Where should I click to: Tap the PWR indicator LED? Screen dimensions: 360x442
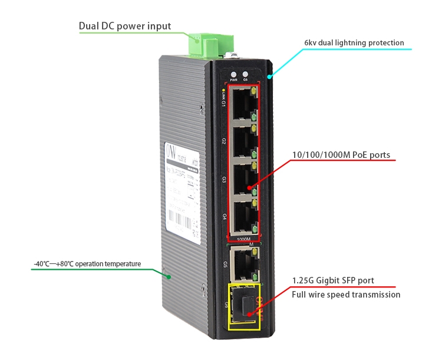233,75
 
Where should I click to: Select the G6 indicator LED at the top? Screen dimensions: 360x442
245,75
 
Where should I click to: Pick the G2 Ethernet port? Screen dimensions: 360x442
242,141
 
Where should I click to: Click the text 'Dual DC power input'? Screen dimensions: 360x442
125,26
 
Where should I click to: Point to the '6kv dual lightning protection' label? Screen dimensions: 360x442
354,43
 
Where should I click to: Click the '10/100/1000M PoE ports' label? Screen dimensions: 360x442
341,156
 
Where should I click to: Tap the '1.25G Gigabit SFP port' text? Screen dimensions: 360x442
333,280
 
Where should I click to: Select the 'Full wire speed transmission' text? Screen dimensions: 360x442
346,295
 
